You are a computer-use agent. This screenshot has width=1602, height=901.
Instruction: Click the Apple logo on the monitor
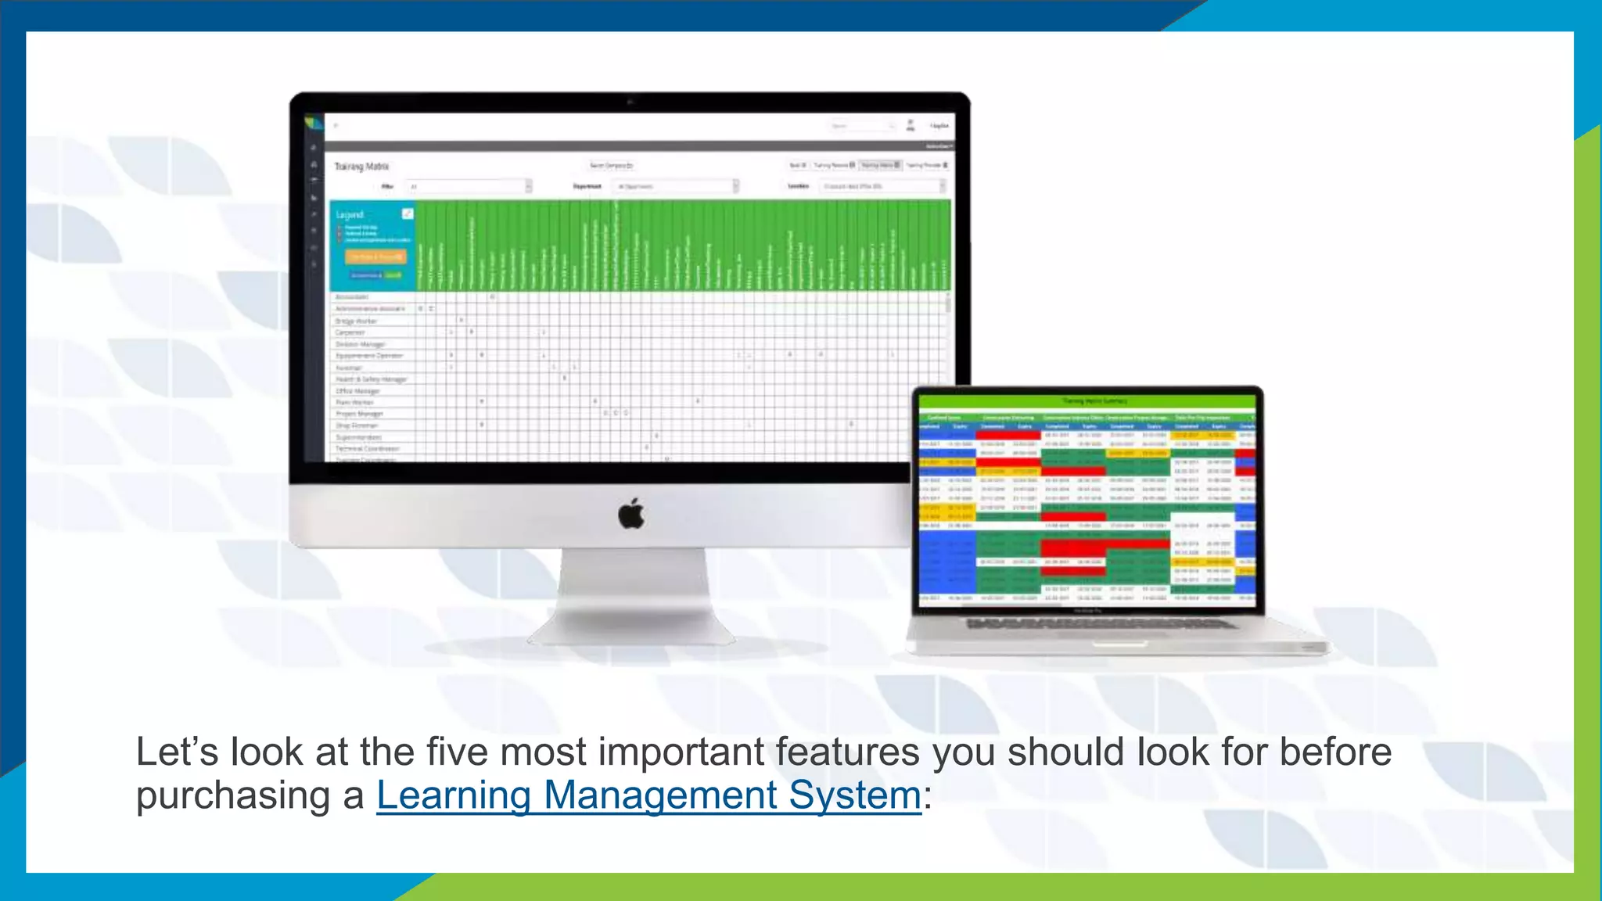click(631, 514)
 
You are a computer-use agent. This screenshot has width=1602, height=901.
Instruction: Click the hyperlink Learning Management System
click(648, 795)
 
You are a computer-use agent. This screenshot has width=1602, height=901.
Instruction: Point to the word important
click(681, 752)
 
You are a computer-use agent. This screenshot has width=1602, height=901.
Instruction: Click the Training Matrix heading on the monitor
click(361, 167)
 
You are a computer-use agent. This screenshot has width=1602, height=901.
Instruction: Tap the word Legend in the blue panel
click(350, 214)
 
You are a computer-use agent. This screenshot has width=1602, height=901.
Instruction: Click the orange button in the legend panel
click(375, 257)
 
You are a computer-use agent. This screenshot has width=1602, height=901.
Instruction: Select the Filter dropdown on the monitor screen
click(468, 186)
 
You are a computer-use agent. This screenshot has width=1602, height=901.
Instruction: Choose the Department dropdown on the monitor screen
click(675, 186)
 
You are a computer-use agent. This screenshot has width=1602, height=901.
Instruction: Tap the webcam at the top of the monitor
click(630, 102)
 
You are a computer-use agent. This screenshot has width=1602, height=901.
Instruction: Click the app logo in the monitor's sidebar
click(313, 123)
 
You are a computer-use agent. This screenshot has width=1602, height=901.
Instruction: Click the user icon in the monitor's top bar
click(910, 125)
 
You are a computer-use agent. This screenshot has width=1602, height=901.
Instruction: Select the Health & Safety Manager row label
click(372, 379)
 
